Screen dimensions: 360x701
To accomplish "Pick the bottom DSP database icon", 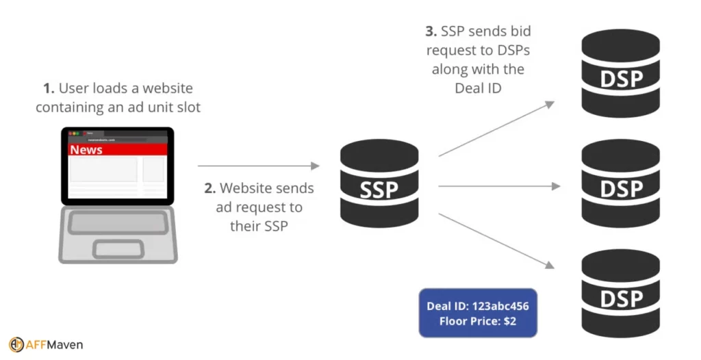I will tap(620, 292).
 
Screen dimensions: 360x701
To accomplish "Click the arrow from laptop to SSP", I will tap(258, 166).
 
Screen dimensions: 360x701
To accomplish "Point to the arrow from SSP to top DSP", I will tap(496, 129).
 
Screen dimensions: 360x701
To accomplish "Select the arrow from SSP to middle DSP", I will tap(499, 185).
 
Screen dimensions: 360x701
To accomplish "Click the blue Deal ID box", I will tap(477, 313).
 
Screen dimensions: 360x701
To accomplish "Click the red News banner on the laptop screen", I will tap(118, 150).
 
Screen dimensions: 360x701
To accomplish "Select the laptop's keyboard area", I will tap(118, 222).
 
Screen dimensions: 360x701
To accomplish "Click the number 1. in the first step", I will tap(48, 88).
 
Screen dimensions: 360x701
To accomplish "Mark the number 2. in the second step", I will tap(209, 188).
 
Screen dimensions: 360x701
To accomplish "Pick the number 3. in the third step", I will tap(431, 31).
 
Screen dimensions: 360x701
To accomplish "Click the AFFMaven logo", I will tap(46, 344).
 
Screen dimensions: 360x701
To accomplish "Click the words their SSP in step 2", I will tap(259, 226).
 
